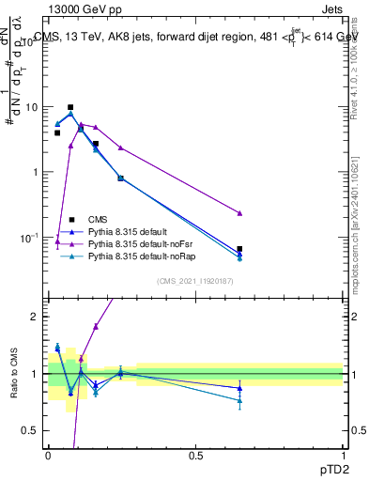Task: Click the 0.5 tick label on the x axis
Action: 195,455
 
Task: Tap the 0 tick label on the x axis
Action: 48,455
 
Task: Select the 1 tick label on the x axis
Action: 344,455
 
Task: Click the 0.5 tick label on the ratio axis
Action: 31,431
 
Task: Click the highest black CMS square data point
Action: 70,107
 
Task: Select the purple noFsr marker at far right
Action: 240,213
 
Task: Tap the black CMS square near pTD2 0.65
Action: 240,249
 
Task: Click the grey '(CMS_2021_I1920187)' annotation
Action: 196,281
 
